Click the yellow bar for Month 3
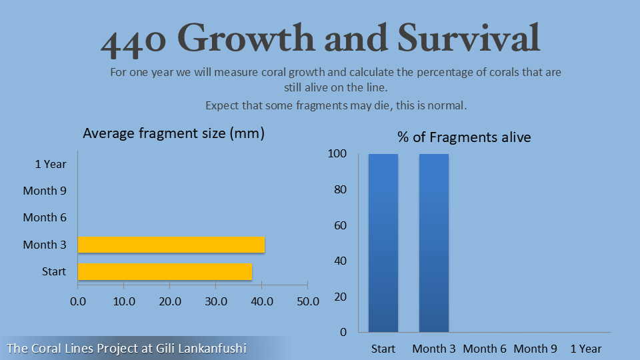coord(171,245)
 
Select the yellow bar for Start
coord(165,271)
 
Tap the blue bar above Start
coord(383,243)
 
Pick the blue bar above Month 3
coord(434,243)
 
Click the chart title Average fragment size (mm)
coord(174,133)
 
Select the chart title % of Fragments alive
coord(464,137)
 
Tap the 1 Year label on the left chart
coord(51,164)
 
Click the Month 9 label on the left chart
coord(45,191)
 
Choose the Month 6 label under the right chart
coord(485,349)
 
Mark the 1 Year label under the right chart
coord(586,349)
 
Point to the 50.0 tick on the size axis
coord(307,301)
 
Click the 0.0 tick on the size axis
coord(78,301)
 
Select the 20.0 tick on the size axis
coord(170,301)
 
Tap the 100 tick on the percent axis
coord(337,154)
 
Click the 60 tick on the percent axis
coord(340,225)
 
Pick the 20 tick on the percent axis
coord(340,297)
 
